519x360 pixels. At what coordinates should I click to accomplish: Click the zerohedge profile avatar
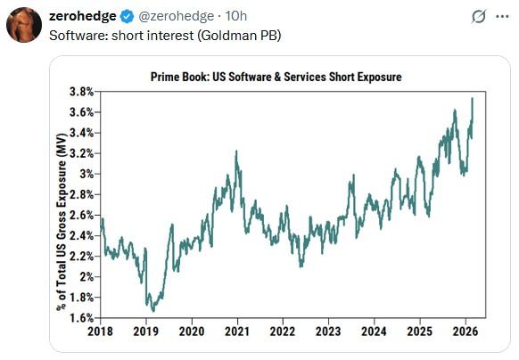[x=24, y=25]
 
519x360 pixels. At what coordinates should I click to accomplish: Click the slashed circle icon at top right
[x=479, y=16]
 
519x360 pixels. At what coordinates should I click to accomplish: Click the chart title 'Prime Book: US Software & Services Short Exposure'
[x=276, y=77]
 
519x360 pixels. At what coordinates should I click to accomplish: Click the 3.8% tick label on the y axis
[x=80, y=92]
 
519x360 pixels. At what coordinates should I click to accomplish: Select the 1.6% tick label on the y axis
[x=80, y=318]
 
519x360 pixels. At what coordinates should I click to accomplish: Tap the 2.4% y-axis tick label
[x=80, y=236]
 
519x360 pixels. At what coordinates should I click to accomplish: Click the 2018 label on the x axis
[x=101, y=331]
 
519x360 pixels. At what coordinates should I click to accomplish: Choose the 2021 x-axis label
[x=237, y=331]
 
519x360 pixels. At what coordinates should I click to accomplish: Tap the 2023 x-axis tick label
[x=328, y=331]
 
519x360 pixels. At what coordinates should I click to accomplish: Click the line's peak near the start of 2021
[x=235, y=151]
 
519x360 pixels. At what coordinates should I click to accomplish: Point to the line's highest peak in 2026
[x=471, y=98]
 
